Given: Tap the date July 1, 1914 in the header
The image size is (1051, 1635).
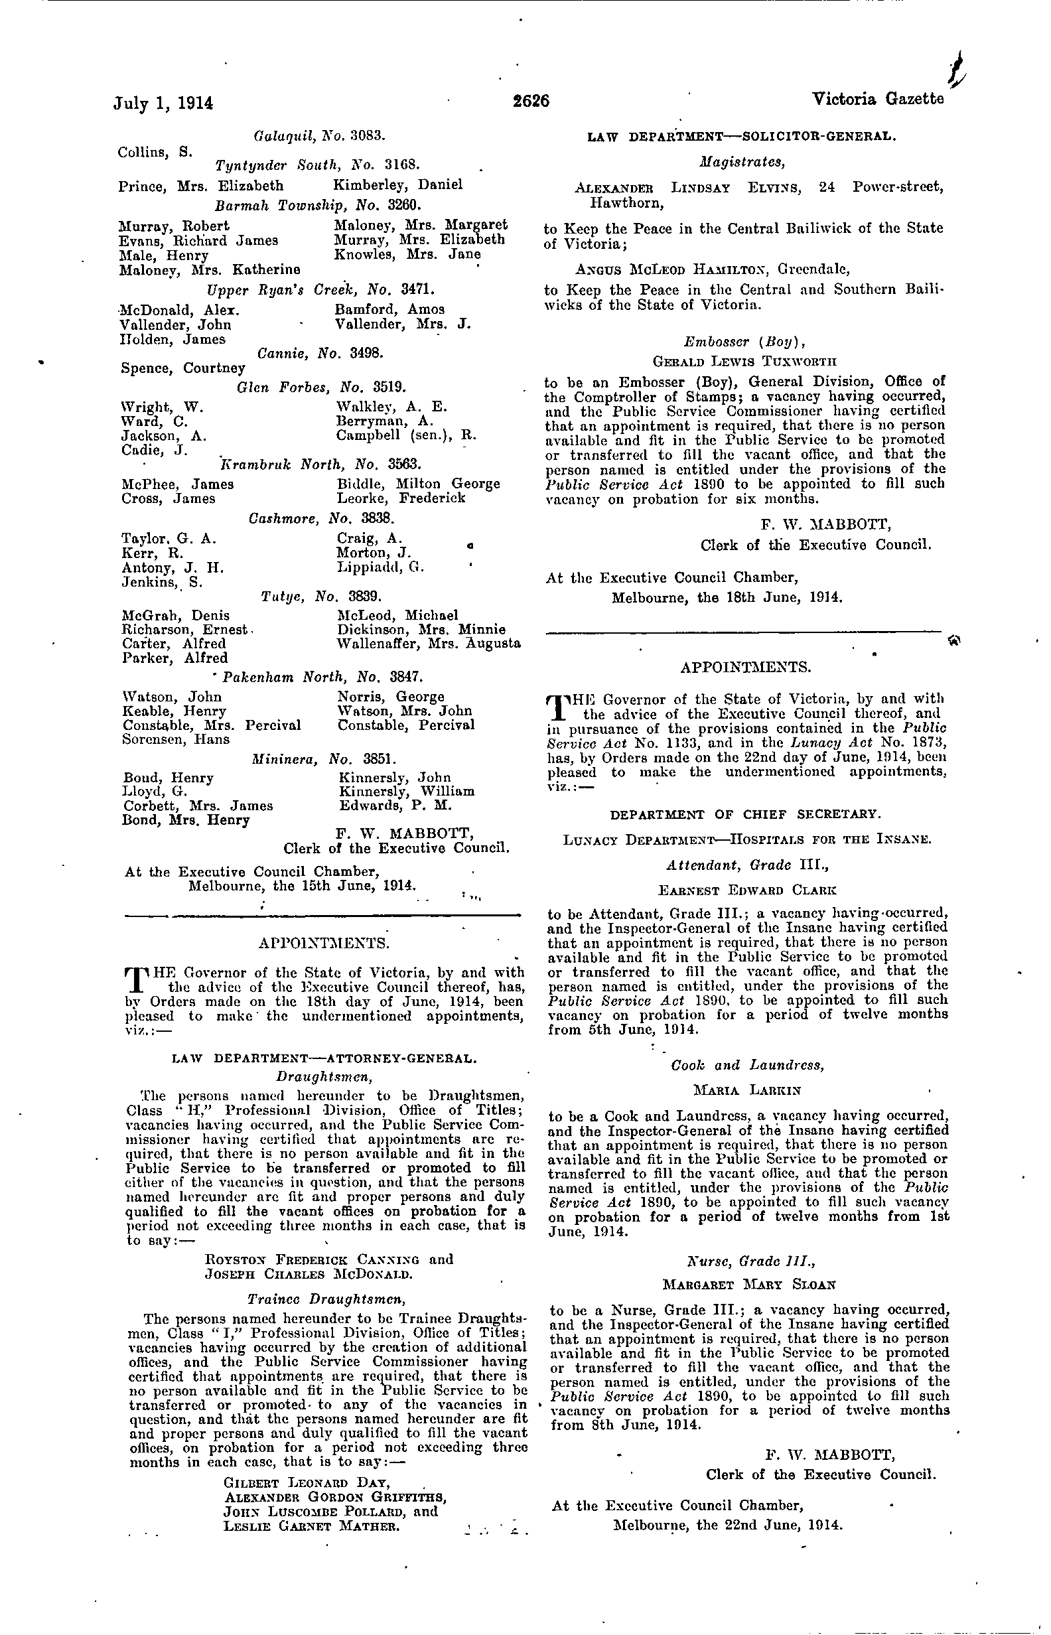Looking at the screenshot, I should click(x=163, y=103).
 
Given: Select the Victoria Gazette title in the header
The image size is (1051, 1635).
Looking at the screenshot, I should click(x=878, y=100).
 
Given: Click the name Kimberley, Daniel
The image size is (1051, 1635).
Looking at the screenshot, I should click(x=397, y=184).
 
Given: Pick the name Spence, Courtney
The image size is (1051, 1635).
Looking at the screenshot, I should click(x=182, y=368).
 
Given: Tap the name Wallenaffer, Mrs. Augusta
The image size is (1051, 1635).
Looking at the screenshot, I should click(x=429, y=644).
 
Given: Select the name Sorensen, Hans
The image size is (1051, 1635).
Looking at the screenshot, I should click(x=176, y=739).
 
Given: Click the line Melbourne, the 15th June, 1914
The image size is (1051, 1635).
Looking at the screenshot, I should click(x=302, y=886).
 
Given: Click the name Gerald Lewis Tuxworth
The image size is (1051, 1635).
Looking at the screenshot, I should click(x=744, y=361).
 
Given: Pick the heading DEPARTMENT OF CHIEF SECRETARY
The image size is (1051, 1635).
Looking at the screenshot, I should click(x=745, y=814).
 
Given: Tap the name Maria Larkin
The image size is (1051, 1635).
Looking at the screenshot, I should click(x=746, y=1090).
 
